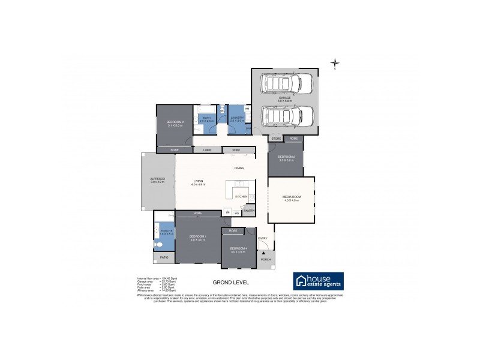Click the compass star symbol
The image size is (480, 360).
click(x=335, y=63)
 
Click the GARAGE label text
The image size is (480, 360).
click(x=284, y=97)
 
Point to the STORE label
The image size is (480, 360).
click(x=276, y=139)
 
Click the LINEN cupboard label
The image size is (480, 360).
click(x=207, y=149)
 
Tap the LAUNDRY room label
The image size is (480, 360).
click(x=236, y=118)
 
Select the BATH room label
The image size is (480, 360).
click(x=206, y=118)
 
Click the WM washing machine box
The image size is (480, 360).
click(x=247, y=109)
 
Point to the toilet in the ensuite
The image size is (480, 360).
click(x=157, y=244)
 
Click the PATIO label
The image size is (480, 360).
click(x=164, y=257)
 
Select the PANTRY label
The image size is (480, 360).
click(x=250, y=210)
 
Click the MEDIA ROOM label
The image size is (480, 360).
click(x=291, y=197)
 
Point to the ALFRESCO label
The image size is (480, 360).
click(x=157, y=179)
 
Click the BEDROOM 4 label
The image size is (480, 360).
click(x=239, y=248)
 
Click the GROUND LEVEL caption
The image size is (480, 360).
click(x=231, y=282)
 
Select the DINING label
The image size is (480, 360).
click(x=239, y=168)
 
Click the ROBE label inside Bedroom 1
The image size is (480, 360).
click(x=198, y=214)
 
